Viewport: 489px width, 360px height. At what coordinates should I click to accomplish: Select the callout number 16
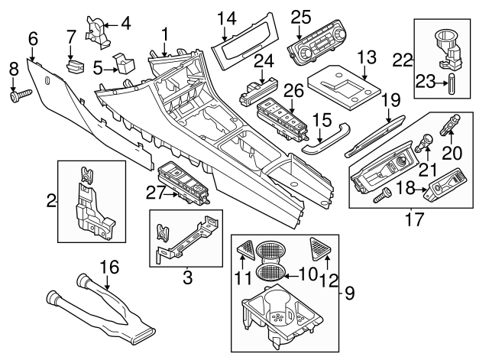(x=111, y=267)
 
